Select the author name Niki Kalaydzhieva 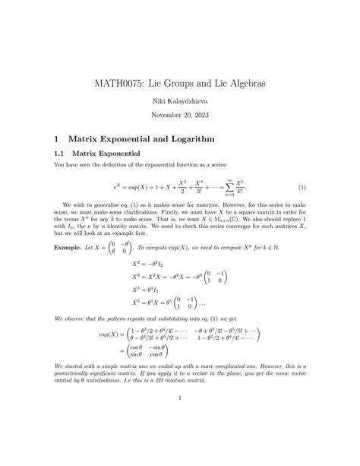click(x=180, y=99)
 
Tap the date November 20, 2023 click(x=180, y=116)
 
